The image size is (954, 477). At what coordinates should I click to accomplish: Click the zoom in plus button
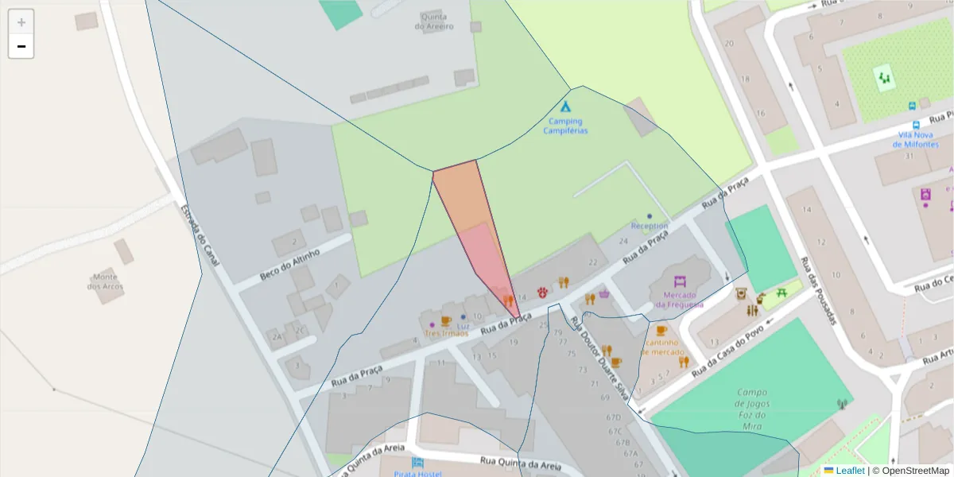(x=21, y=22)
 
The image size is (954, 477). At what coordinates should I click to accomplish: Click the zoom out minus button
(x=21, y=47)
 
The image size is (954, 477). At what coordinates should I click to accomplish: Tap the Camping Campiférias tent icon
(x=565, y=107)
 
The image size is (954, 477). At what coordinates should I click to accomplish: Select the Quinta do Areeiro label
(x=434, y=21)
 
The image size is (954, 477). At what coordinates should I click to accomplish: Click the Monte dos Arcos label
(x=105, y=281)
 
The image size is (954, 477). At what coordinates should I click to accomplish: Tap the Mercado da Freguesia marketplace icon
(x=679, y=281)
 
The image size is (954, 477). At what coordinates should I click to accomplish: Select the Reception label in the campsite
(x=650, y=226)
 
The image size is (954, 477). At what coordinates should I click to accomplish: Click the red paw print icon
(x=543, y=292)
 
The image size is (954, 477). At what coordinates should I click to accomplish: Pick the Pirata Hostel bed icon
(x=417, y=463)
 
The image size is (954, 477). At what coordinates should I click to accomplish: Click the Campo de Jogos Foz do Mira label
(x=751, y=409)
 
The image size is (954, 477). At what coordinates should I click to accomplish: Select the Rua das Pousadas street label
(x=819, y=291)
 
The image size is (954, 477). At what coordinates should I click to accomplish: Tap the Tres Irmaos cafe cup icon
(x=445, y=320)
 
